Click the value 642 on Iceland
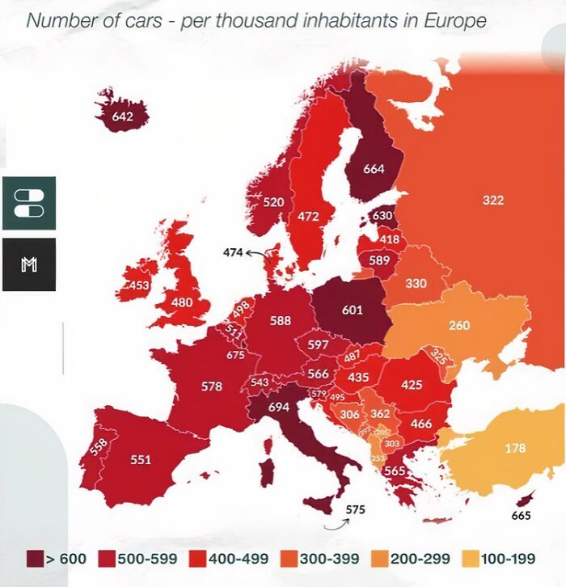point(122,116)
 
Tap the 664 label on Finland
point(374,169)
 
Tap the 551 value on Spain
point(141,459)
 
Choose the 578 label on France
point(211,386)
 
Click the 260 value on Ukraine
point(459,326)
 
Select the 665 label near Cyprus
point(522,516)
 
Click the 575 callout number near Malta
point(355,509)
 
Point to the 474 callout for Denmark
point(233,253)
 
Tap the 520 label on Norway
point(273,202)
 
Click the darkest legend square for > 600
point(35,560)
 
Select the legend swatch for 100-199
point(469,560)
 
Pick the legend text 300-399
point(323,560)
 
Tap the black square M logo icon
point(28,264)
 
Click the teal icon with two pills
point(28,203)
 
